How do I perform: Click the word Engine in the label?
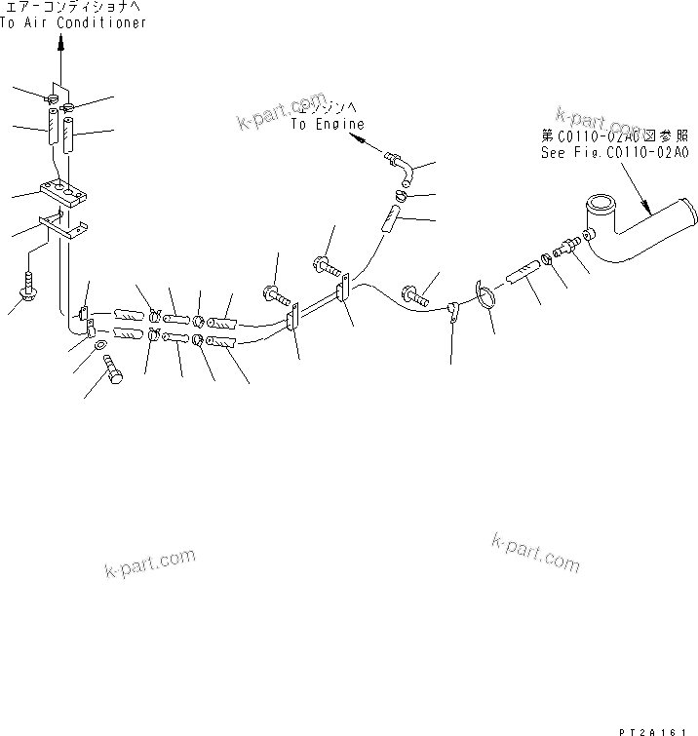342,125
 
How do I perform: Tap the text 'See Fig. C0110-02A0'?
614,152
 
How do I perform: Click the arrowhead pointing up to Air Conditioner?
59,42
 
